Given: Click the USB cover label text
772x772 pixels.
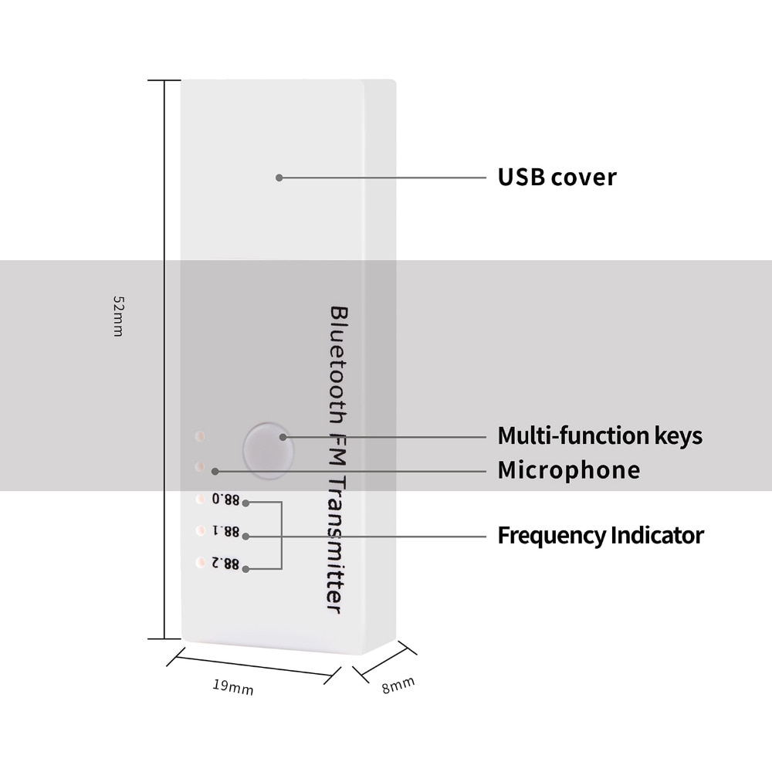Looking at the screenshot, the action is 557,178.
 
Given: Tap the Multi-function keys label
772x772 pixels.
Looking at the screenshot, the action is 600,435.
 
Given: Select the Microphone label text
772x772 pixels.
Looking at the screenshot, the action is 569,470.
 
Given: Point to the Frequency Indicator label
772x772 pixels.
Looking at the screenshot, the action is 601,535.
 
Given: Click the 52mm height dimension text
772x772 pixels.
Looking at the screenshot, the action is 118,316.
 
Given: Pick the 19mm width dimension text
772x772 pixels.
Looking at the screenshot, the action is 233,687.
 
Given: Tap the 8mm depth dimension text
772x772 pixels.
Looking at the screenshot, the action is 398,685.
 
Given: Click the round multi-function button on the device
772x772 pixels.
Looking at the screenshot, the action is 269,451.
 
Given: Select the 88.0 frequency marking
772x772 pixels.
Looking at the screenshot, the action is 225,499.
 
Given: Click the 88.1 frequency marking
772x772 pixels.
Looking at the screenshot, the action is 225,531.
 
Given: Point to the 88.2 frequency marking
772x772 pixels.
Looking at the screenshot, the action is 225,564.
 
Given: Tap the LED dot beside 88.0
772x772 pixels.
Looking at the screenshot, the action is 200,499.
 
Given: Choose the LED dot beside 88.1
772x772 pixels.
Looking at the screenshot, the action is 200,530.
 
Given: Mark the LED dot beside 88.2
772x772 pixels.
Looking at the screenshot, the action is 200,562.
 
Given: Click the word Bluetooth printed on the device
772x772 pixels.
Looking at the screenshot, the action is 338,365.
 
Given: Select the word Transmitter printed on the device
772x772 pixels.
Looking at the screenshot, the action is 337,544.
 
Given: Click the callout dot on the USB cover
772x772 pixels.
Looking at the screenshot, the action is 279,178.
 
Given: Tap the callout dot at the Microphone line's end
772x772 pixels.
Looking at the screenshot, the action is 215,472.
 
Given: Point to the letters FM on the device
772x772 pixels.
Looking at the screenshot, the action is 338,449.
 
